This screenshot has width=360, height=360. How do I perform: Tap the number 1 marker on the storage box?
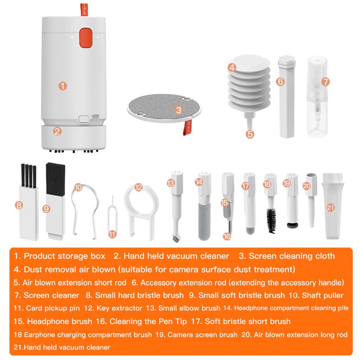click(x=63, y=85)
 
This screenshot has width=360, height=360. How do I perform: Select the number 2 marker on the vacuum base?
click(x=57, y=131)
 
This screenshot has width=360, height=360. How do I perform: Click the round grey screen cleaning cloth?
click(x=160, y=105)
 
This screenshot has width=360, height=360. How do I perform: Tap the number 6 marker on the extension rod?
click(x=280, y=81)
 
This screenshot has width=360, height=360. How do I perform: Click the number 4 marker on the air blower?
click(x=232, y=68)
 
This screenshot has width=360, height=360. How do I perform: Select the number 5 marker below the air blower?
click(x=250, y=134)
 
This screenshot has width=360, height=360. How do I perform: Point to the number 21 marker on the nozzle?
click(x=331, y=207)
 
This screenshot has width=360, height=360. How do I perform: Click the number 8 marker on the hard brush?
click(x=19, y=205)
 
